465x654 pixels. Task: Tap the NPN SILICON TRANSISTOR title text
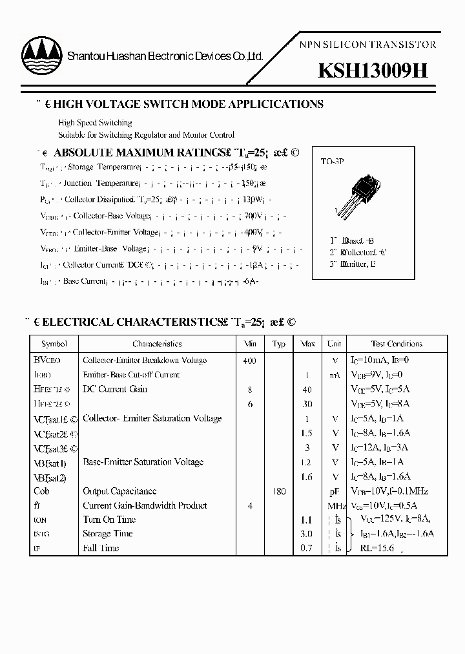tap(369, 45)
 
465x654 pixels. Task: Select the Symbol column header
tap(54, 344)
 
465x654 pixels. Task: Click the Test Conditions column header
tap(397, 344)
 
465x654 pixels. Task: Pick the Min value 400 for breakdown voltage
tap(249, 361)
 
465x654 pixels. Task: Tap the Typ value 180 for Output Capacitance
tap(278, 492)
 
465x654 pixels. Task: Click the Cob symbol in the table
tap(41, 492)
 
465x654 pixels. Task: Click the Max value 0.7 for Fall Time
tap(307, 548)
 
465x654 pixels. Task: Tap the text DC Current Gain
tap(115, 389)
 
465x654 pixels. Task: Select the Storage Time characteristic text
tap(107, 534)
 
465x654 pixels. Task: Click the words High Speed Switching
tap(95, 123)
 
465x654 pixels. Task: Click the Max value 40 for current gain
tap(307, 390)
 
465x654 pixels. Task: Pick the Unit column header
tap(335, 344)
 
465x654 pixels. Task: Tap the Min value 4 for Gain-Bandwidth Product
tap(250, 506)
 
